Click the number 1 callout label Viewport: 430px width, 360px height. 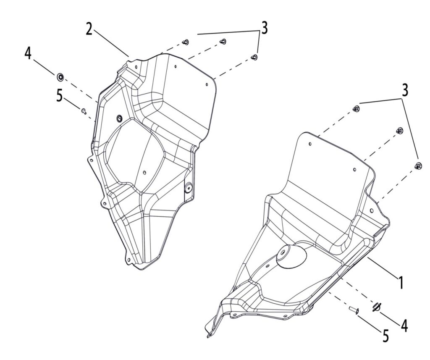tap(401, 282)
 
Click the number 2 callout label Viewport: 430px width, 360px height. tap(89, 29)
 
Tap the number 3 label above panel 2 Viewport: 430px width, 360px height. tap(264, 28)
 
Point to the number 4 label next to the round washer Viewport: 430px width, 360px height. tap(28, 54)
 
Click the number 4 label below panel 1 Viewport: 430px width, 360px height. tap(404, 325)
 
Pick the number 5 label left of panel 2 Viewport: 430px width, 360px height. tap(60, 96)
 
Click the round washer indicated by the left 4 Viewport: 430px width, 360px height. tap(60, 76)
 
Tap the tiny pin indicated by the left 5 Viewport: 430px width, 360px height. tap(84, 110)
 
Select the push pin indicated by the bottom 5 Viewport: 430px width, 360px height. tap(353, 310)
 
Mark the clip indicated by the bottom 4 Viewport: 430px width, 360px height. tap(376, 307)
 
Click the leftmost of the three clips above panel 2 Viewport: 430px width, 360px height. tap(186, 42)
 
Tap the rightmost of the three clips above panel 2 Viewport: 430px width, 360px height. tap(254, 57)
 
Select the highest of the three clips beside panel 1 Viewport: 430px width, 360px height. tap(357, 109)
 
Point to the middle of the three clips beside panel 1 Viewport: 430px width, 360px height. tap(399, 131)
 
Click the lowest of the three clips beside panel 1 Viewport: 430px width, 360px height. tap(418, 165)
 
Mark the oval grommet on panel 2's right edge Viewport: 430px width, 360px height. tap(188, 188)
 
